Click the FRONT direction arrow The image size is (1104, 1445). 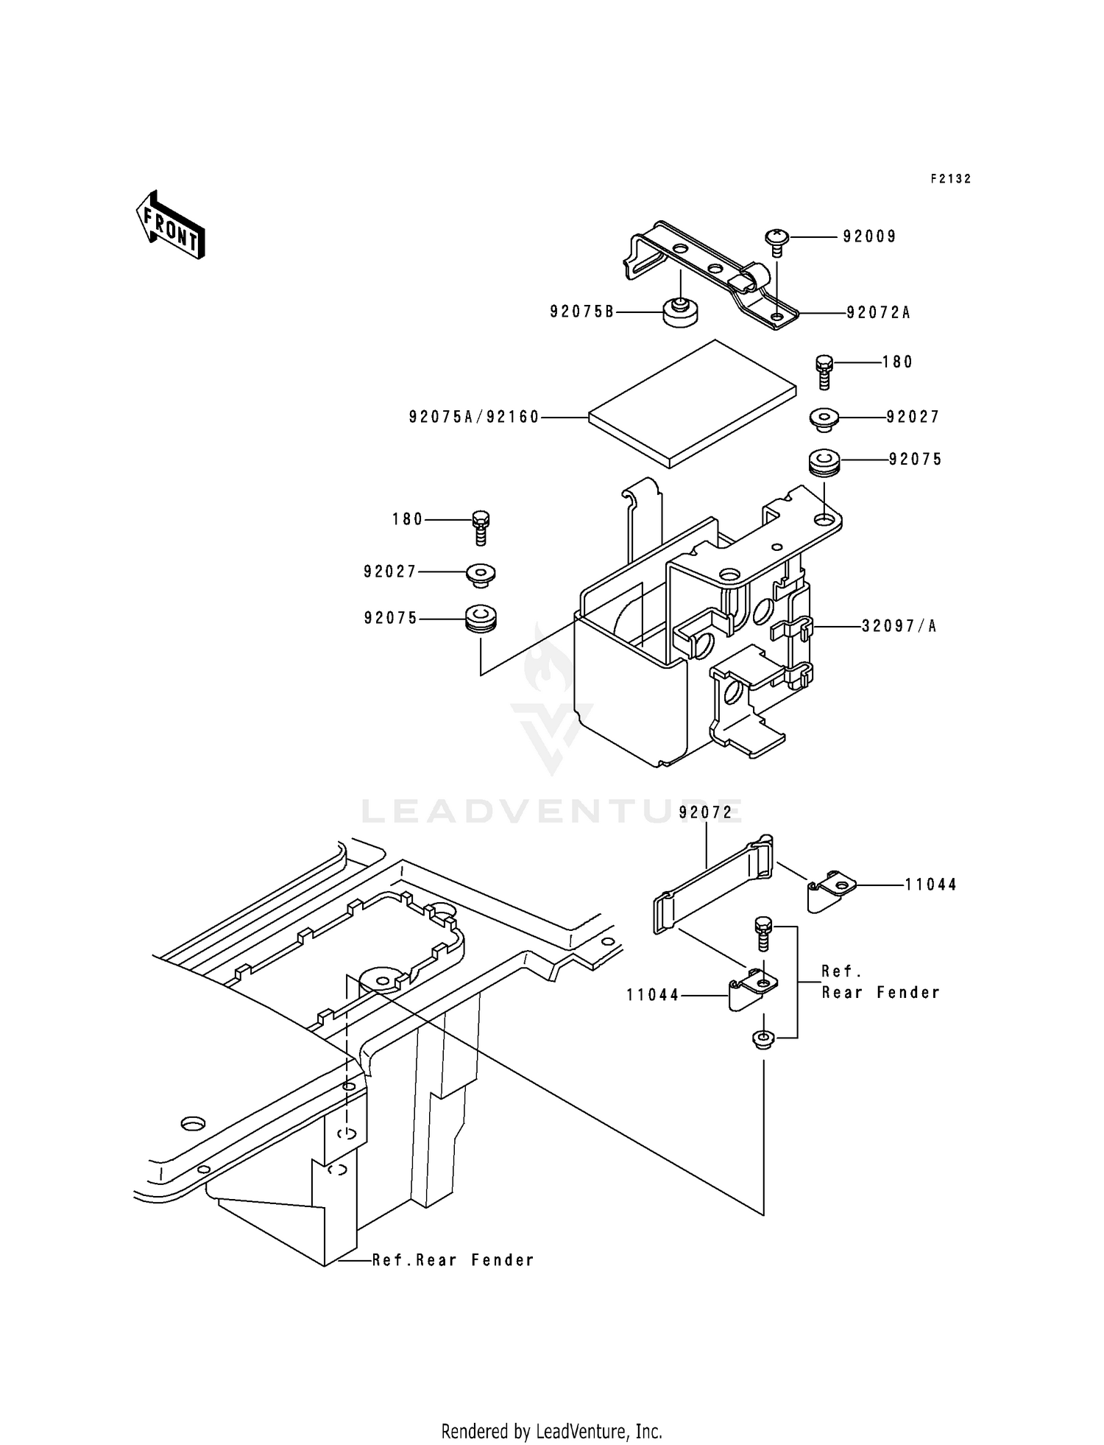[x=170, y=225]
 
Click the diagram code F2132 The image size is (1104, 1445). [x=950, y=179]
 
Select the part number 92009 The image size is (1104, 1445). [x=869, y=237]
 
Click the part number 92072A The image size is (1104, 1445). [x=878, y=313]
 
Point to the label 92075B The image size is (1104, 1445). [x=581, y=312]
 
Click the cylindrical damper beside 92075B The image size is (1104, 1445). [x=681, y=312]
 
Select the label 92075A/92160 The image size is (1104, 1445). [x=474, y=418]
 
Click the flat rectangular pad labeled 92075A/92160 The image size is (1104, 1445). [x=692, y=404]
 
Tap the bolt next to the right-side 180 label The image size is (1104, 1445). [x=824, y=372]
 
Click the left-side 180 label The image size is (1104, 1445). [x=407, y=520]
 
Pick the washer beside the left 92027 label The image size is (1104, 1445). [x=481, y=573]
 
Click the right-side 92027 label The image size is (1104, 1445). [x=913, y=418]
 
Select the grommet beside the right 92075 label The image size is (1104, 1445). [x=824, y=463]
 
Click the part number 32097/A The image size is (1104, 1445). [x=899, y=627]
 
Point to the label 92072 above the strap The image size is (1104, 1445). [x=706, y=812]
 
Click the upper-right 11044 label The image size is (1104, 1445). [x=930, y=885]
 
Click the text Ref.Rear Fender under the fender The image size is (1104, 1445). [x=453, y=1260]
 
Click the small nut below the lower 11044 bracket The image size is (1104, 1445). [x=763, y=1039]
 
